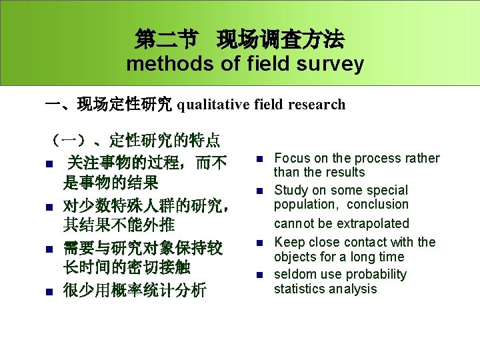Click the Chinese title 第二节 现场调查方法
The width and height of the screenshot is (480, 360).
(x=239, y=40)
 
